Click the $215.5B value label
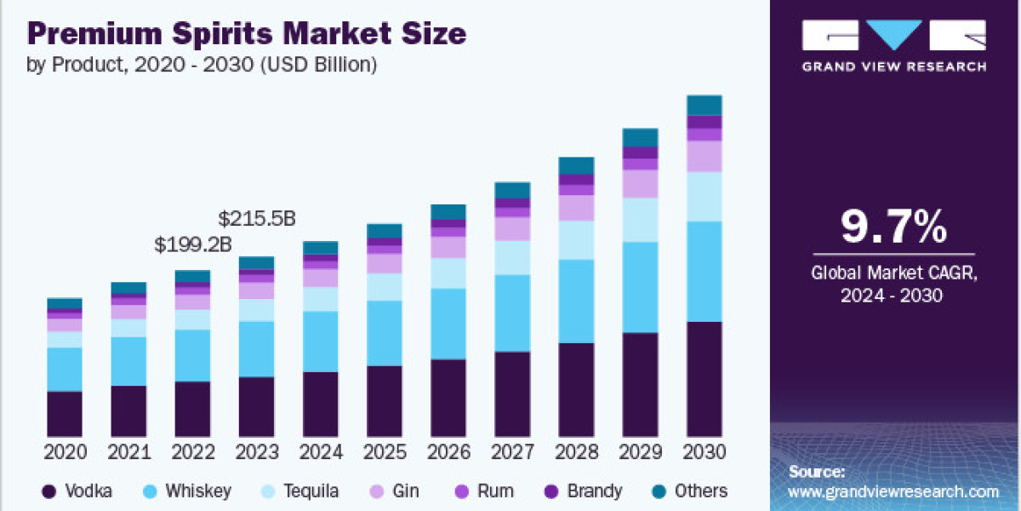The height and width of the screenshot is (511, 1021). pyautogui.click(x=257, y=218)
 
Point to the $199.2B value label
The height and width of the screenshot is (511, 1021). pyautogui.click(x=193, y=245)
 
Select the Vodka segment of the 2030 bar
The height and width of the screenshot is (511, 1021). pyautogui.click(x=704, y=379)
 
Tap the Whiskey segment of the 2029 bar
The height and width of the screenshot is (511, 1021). pyautogui.click(x=640, y=287)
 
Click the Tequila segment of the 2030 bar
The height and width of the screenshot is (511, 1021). pyautogui.click(x=704, y=197)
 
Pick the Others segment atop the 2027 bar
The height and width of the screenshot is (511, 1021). pyautogui.click(x=512, y=190)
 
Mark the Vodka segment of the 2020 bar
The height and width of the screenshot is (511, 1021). pyautogui.click(x=65, y=414)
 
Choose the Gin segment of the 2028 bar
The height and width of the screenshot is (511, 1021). pyautogui.click(x=576, y=208)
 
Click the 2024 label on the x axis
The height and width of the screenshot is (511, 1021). pyautogui.click(x=321, y=452)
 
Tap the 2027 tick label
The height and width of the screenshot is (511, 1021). pyautogui.click(x=512, y=452)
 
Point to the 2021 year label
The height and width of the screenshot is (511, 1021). pyautogui.click(x=128, y=452)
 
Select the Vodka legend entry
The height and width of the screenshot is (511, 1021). pyautogui.click(x=77, y=491)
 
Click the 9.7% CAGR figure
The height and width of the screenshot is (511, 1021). pyautogui.click(x=893, y=227)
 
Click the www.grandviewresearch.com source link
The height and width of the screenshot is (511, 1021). pyautogui.click(x=893, y=491)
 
